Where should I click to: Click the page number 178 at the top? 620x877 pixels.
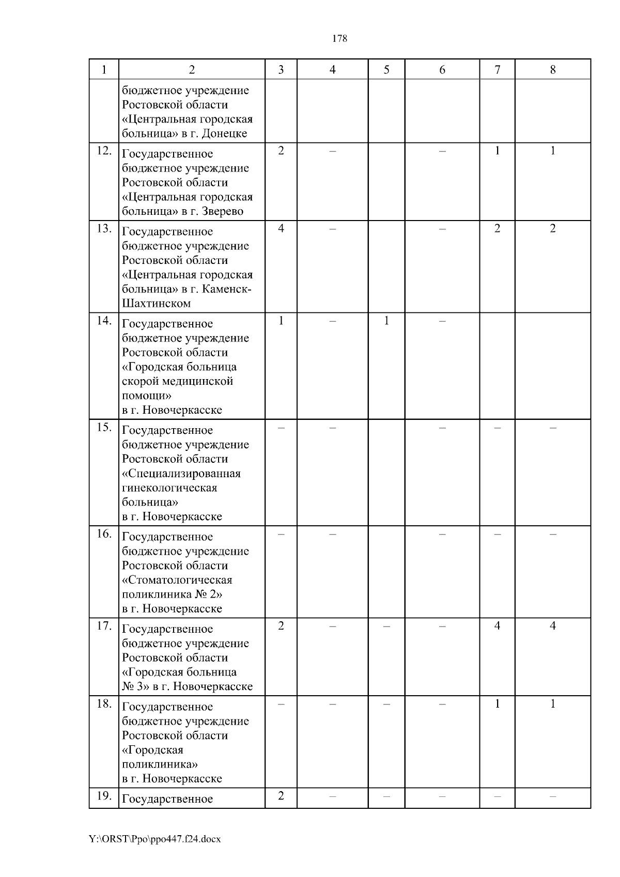coord(339,39)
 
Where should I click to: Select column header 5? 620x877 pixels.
coord(386,70)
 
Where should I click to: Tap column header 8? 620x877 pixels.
coord(553,70)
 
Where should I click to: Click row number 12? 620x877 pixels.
coord(104,151)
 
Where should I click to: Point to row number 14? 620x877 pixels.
coord(104,321)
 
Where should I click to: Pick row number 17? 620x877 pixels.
coord(104,626)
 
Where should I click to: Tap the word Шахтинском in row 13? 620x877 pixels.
coord(156,304)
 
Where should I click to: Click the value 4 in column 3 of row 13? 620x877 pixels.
coord(281,228)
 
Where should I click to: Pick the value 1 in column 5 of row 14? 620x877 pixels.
coord(386,321)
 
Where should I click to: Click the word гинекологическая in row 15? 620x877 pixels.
coord(169,488)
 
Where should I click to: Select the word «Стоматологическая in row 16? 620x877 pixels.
coord(177,580)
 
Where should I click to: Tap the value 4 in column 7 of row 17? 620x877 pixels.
coord(497,626)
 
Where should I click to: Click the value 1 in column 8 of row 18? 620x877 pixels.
coord(553,704)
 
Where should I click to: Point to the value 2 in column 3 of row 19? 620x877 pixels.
coord(281,796)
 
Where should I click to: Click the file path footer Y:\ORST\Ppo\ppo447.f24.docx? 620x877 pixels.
coord(155,839)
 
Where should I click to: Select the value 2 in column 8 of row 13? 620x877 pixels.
coord(553,228)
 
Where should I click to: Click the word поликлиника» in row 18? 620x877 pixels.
coord(160,764)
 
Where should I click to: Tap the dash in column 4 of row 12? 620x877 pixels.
coord(332,151)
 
